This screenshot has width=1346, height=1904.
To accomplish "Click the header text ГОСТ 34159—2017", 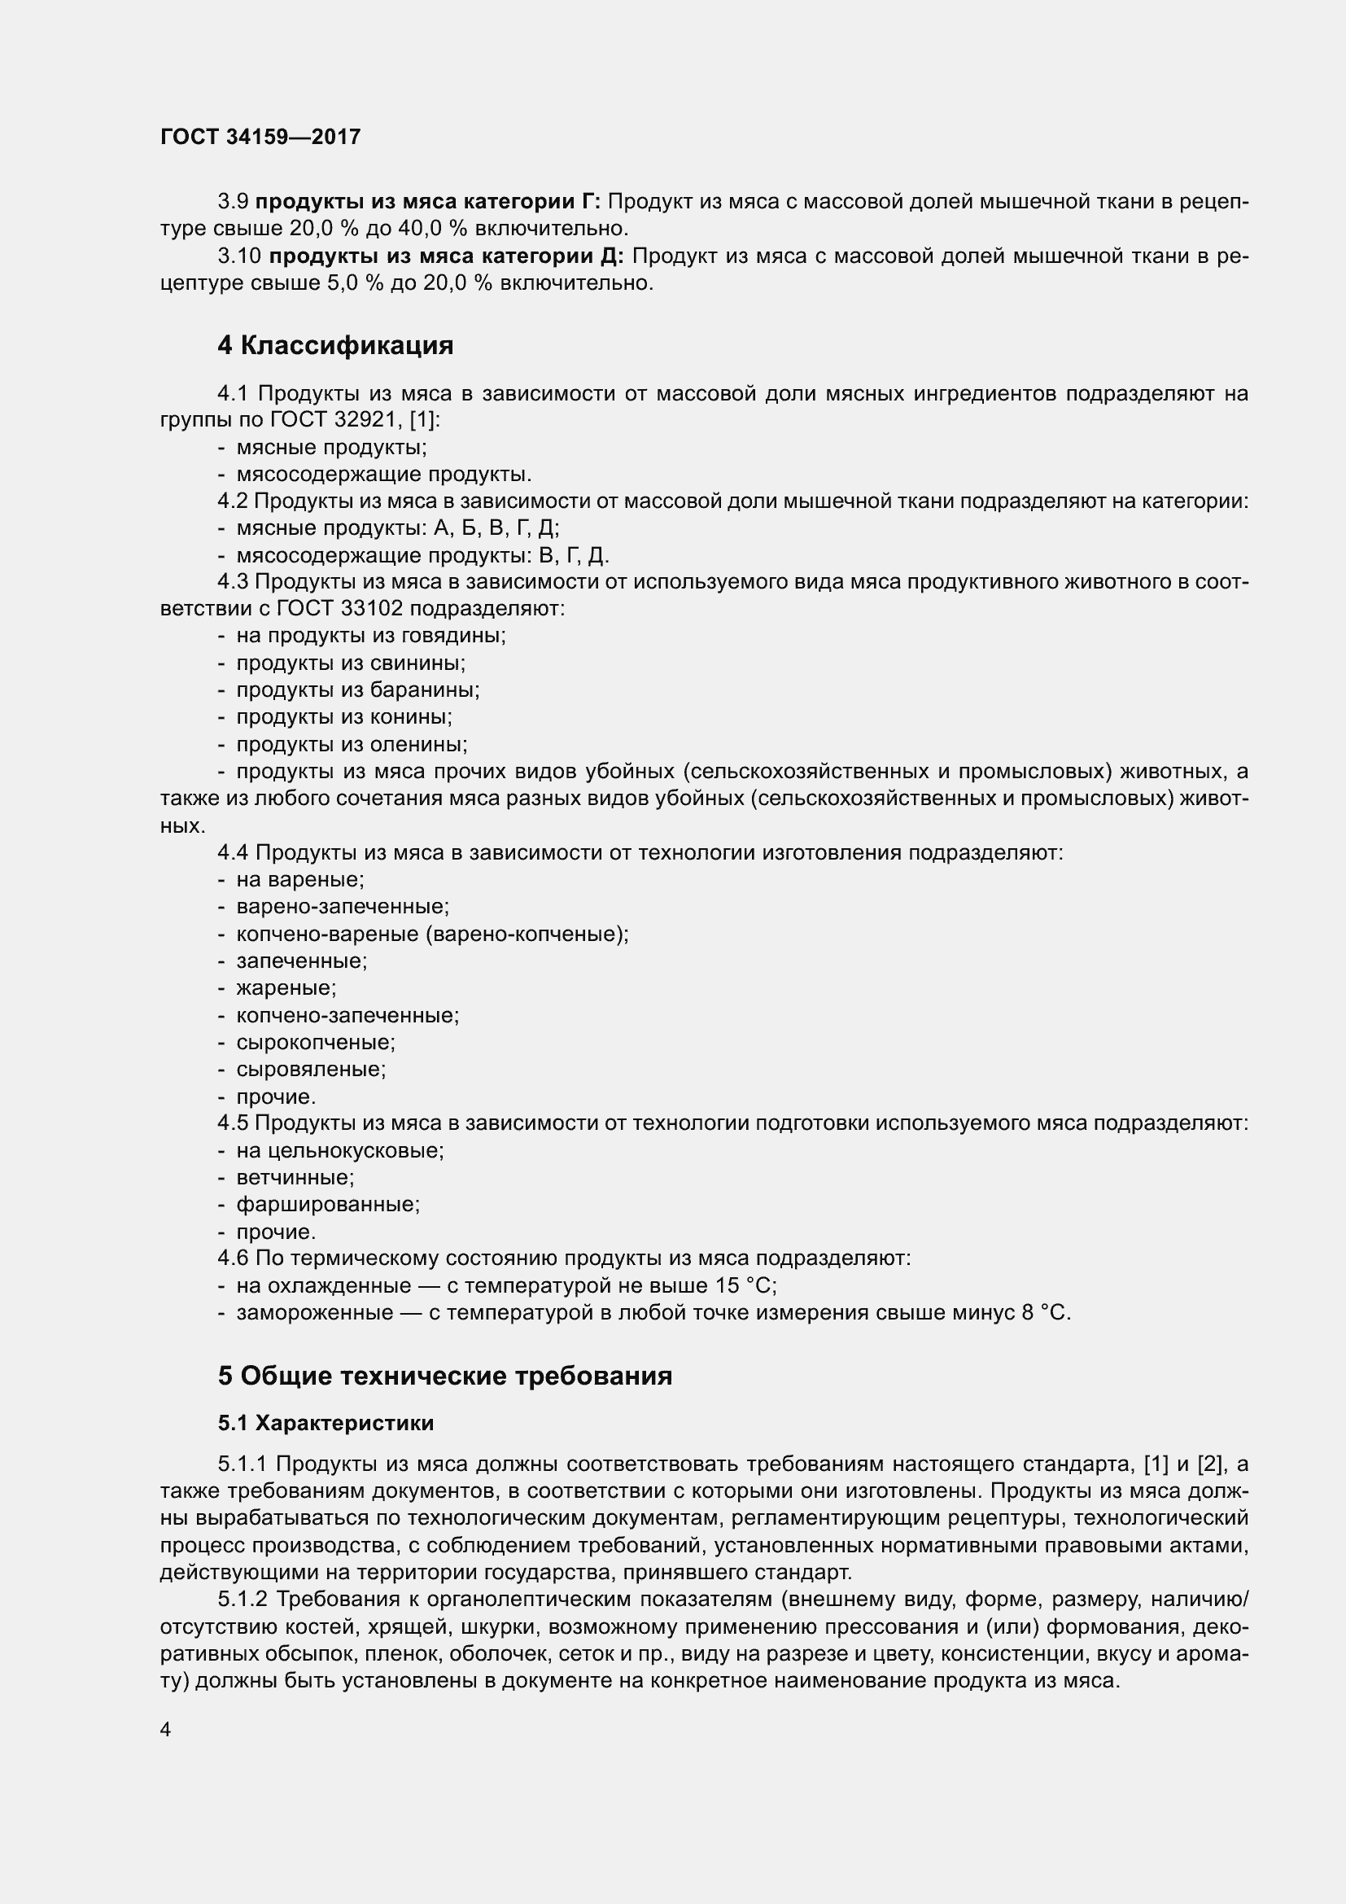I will [260, 137].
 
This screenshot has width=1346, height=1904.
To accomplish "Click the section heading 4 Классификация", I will [334, 345].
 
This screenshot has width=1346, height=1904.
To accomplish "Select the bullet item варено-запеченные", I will [343, 906].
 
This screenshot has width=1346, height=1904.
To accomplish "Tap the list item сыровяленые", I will [311, 1069].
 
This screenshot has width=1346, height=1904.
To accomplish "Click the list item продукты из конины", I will [344, 716].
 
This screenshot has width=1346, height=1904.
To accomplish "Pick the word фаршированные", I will [328, 1204].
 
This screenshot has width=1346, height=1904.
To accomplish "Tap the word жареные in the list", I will [286, 987].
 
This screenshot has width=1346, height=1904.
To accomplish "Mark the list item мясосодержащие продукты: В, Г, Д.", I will [422, 555].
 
